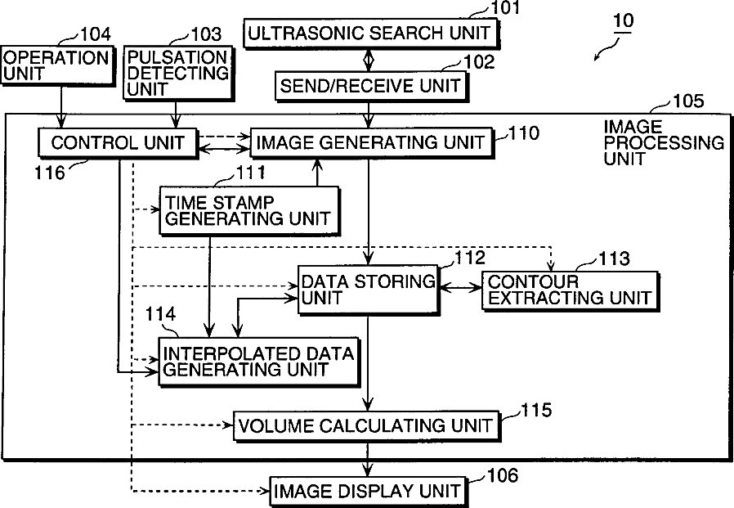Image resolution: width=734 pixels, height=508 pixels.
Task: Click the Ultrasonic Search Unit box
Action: (370, 34)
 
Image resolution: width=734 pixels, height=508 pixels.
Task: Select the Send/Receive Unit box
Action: (370, 85)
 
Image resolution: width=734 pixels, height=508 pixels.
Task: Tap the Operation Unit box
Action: (58, 65)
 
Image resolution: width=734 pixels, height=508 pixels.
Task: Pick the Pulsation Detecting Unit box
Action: (178, 73)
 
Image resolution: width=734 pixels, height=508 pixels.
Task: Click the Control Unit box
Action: (118, 143)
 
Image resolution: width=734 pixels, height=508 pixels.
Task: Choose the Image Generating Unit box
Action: (370, 143)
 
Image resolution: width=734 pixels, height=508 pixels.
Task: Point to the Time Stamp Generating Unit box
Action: (248, 209)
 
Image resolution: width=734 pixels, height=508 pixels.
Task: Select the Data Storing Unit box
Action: (368, 289)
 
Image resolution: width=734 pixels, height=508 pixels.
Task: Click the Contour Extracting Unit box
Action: (569, 290)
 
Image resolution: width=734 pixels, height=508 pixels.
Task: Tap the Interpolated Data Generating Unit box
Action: (258, 362)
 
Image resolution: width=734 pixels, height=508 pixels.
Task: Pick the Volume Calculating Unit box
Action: (365, 425)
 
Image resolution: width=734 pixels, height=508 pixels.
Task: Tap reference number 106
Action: (502, 476)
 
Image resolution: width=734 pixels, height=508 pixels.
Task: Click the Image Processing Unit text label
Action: (663, 142)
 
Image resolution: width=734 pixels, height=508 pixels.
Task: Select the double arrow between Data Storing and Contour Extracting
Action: (460, 288)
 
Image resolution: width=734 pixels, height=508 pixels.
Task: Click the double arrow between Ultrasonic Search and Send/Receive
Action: (369, 60)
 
